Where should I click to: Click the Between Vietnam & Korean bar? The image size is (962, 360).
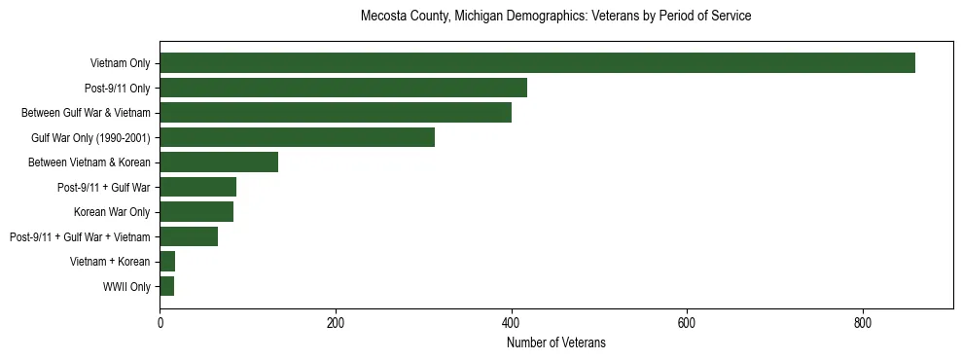click(x=219, y=162)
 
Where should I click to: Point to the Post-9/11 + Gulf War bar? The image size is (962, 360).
click(x=197, y=187)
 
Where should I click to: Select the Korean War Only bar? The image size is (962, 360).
click(x=196, y=212)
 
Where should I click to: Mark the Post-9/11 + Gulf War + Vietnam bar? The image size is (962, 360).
click(x=189, y=236)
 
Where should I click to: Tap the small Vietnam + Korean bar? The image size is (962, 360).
click(x=167, y=262)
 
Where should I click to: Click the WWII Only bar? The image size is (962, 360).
click(x=166, y=286)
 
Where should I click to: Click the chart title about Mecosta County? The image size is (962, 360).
click(x=555, y=17)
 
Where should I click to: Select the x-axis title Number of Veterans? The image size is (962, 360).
click(x=555, y=342)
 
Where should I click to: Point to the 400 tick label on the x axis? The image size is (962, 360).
click(x=511, y=322)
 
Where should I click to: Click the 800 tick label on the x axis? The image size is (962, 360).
click(x=862, y=322)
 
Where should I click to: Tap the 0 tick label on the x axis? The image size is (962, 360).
click(x=160, y=322)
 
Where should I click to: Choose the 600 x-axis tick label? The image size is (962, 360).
click(x=687, y=322)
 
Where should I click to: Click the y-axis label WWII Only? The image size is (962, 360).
click(x=126, y=287)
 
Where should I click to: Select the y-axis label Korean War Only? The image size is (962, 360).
click(x=112, y=212)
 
